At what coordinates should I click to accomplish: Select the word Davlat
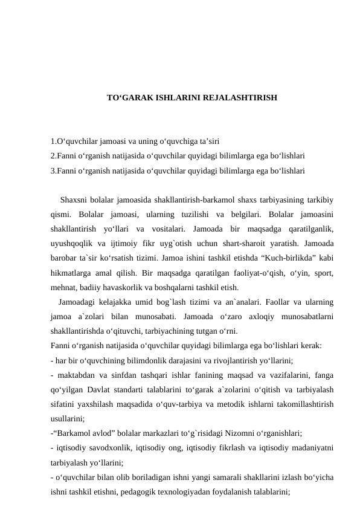click(x=104, y=390)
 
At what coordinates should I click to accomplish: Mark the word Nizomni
click(x=237, y=433)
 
